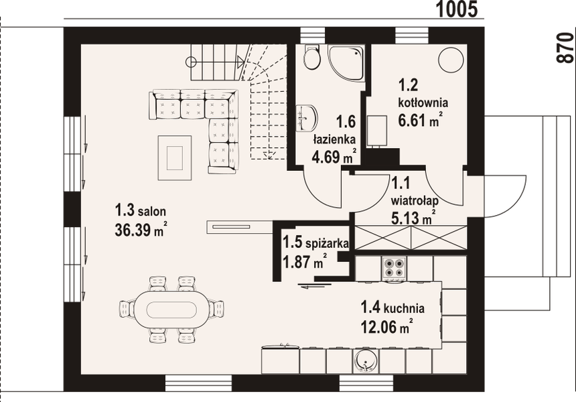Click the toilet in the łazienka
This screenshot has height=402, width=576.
pyautogui.click(x=311, y=58)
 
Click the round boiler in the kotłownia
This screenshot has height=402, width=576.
pyautogui.click(x=450, y=60)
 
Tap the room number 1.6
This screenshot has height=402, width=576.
pyautogui.click(x=346, y=122)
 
